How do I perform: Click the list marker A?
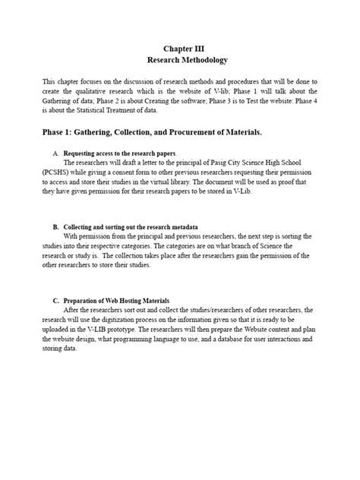[55, 153]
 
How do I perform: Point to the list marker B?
[55, 227]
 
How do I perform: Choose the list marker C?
[55, 302]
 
